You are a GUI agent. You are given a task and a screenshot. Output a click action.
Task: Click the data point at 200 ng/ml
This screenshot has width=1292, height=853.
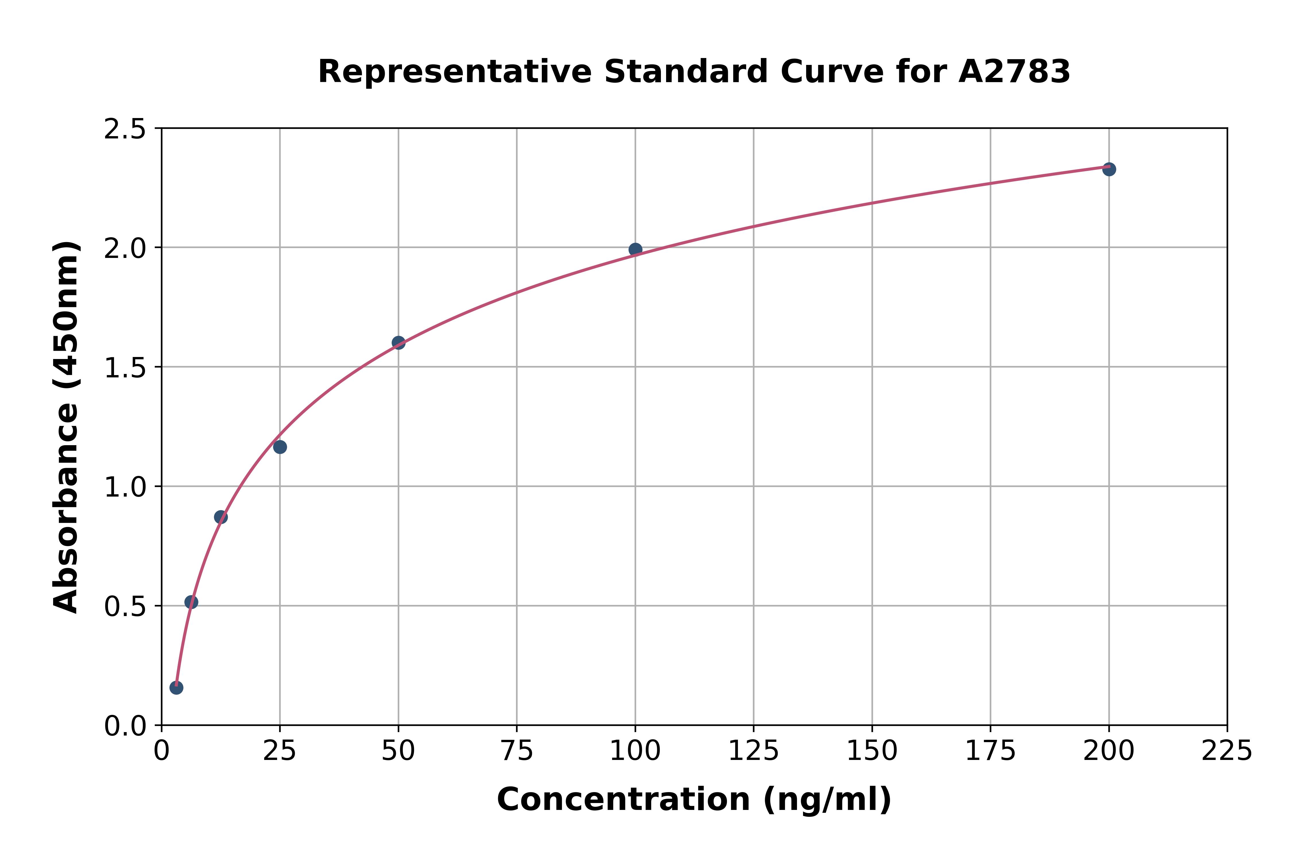(x=1109, y=169)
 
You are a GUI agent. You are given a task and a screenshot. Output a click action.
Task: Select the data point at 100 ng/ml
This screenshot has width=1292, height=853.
(x=635, y=250)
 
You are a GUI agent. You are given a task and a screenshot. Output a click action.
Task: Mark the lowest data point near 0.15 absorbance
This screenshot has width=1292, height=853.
(x=176, y=688)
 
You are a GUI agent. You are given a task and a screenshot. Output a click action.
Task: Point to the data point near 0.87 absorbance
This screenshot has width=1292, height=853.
(x=221, y=517)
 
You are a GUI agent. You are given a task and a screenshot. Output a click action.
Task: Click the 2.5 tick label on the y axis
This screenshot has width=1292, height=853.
(x=125, y=130)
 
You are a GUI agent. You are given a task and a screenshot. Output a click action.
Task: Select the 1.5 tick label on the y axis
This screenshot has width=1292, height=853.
(x=125, y=368)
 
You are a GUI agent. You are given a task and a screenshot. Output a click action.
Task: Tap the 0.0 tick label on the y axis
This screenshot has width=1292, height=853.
(x=125, y=726)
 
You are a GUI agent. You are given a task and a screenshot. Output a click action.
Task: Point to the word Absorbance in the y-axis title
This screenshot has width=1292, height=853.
(x=66, y=509)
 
